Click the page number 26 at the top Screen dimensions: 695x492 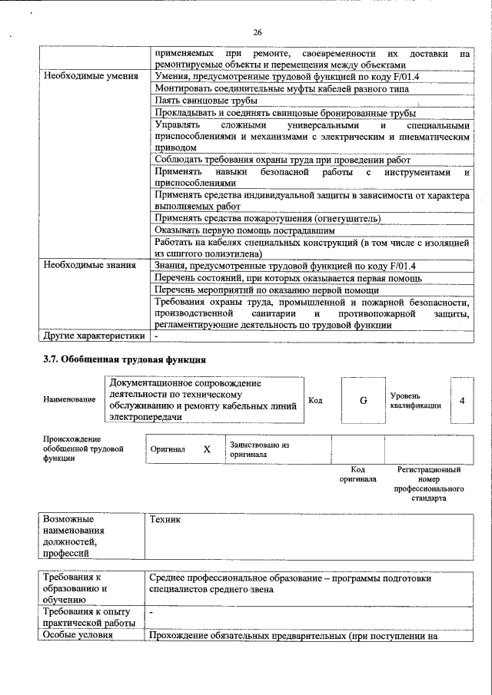tap(257, 31)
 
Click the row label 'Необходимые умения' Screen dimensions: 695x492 tap(91, 77)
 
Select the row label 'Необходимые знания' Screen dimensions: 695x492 tap(90, 266)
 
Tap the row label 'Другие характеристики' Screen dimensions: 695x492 tap(94, 336)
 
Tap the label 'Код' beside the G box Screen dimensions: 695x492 tap(315, 400)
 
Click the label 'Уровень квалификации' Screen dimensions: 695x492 tap(415, 400)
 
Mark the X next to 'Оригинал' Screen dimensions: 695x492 tap(207, 449)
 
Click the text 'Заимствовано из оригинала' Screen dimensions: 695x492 tap(259, 449)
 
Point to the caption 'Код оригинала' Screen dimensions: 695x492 tap(357, 474)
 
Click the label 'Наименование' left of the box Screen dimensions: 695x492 tap(70, 399)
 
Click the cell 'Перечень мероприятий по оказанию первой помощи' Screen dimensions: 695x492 tap(267, 290)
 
